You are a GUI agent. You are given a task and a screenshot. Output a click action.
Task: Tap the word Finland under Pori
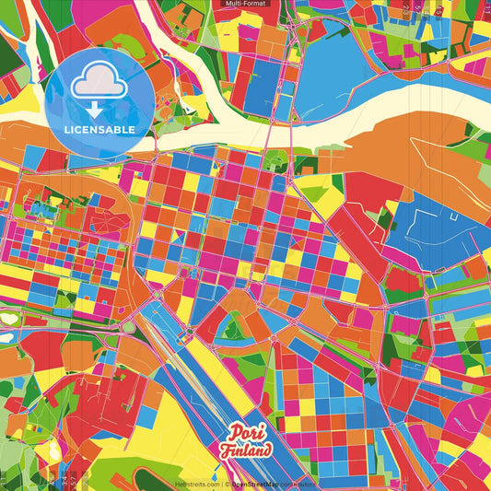pyautogui.click(x=246, y=451)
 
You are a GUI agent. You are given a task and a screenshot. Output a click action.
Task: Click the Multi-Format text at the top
pyautogui.click(x=245, y=5)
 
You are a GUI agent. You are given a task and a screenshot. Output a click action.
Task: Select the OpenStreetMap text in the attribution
pyautogui.click(x=259, y=484)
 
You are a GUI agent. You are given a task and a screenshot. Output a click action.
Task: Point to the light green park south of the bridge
pyautogui.click(x=274, y=159)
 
